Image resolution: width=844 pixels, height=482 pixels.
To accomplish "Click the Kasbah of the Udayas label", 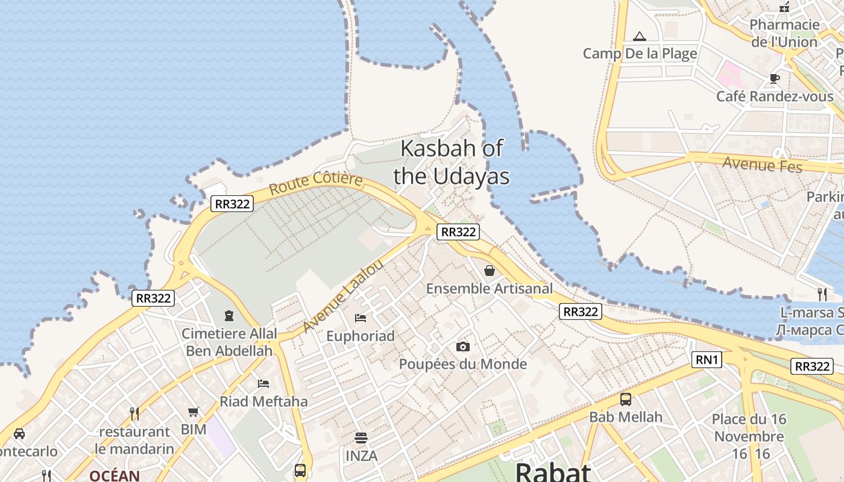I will pyautogui.click(x=452, y=162).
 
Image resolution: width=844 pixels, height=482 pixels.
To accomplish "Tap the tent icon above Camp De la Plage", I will pyautogui.click(x=640, y=37).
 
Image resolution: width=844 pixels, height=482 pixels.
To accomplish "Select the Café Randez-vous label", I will pyautogui.click(x=775, y=96).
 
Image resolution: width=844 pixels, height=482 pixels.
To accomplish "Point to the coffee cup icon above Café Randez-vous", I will pyautogui.click(x=775, y=78).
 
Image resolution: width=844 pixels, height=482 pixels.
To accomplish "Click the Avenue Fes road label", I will pyautogui.click(x=762, y=163).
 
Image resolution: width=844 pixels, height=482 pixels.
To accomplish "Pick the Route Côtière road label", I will pyautogui.click(x=316, y=183).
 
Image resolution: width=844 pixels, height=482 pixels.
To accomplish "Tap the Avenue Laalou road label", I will pyautogui.click(x=343, y=296).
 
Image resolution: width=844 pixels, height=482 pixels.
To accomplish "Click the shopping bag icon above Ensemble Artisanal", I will pyautogui.click(x=490, y=271).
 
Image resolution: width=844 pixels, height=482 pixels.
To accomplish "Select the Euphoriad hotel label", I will pyautogui.click(x=361, y=336).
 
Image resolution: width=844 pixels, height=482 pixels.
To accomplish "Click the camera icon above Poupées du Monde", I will pyautogui.click(x=463, y=346).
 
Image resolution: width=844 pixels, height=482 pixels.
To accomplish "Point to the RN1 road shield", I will pyautogui.click(x=707, y=360).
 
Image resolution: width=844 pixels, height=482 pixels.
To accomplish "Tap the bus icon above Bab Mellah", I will pyautogui.click(x=626, y=399).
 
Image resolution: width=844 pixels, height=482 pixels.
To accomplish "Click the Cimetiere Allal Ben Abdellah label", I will pyautogui.click(x=230, y=342).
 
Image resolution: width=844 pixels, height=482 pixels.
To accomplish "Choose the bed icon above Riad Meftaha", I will pyautogui.click(x=263, y=383).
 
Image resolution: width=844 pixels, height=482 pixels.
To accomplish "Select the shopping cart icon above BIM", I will pyautogui.click(x=194, y=412).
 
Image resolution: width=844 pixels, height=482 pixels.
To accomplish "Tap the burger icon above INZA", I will pyautogui.click(x=361, y=438).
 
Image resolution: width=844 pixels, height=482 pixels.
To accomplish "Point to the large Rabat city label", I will pyautogui.click(x=553, y=472).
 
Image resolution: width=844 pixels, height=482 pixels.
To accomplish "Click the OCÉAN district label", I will pyautogui.click(x=115, y=475).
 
